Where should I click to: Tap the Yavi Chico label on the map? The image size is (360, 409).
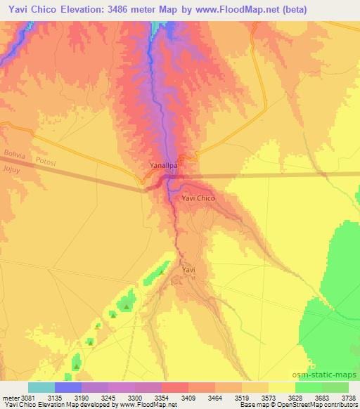tap(198, 199)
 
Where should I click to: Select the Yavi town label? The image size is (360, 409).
tap(188, 269)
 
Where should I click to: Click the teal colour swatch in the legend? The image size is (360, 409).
tap(41, 387)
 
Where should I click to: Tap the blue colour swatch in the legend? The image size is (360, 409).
tap(67, 387)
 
